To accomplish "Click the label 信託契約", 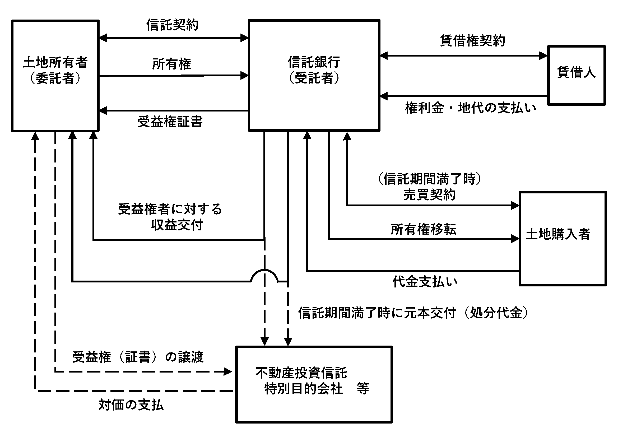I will [x=172, y=25].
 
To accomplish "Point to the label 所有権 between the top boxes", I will [x=172, y=64].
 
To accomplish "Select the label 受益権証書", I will [x=170, y=122].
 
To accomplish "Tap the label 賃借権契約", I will [x=473, y=41].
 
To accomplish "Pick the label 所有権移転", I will [x=424, y=230].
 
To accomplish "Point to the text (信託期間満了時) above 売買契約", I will [x=430, y=179].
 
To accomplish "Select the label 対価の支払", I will [x=131, y=405].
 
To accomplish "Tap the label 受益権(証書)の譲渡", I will [x=138, y=357].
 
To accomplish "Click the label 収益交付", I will [x=177, y=225].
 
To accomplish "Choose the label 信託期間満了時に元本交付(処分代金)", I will [x=413, y=313].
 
